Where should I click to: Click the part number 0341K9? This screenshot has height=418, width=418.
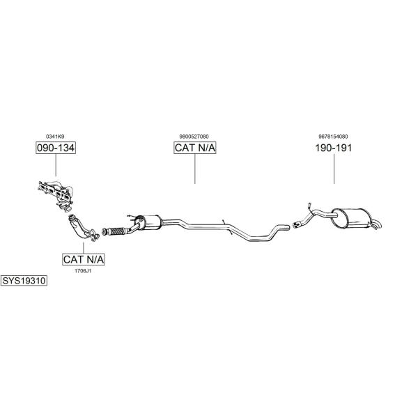(55, 137)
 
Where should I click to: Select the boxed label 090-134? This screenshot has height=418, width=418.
(56, 148)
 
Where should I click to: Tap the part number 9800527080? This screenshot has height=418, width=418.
(194, 137)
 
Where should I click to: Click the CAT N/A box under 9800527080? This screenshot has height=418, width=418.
(195, 148)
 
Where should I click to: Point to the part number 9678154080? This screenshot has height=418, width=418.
(333, 137)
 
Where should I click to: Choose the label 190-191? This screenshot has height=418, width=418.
(334, 148)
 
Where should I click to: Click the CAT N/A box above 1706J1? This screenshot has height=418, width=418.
(84, 259)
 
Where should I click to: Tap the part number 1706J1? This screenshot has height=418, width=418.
(83, 271)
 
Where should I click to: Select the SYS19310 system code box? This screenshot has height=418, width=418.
(24, 281)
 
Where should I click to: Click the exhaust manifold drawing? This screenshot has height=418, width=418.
(56, 195)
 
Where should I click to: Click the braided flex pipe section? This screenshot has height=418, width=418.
(117, 231)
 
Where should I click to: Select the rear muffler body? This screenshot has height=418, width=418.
(351, 218)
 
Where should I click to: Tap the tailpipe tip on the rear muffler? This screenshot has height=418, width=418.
(377, 225)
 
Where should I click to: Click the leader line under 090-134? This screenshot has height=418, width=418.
(56, 165)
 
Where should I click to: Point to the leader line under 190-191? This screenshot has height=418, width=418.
(334, 169)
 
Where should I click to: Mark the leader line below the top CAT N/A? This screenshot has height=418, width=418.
(195, 169)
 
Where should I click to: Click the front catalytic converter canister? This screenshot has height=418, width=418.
(148, 222)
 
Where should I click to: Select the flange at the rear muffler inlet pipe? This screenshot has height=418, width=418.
(296, 224)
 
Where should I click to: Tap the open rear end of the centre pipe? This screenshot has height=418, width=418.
(288, 227)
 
